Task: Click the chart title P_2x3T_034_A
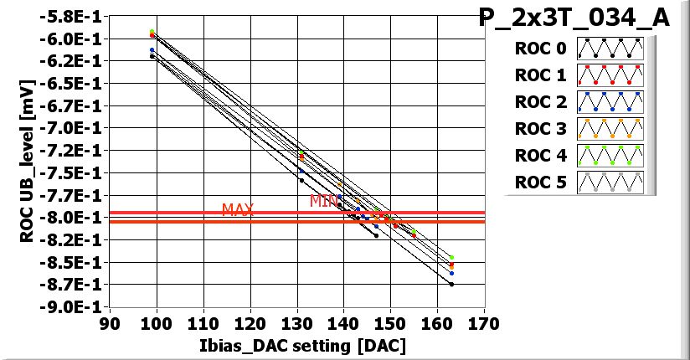coord(574,18)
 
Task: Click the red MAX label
coord(237,209)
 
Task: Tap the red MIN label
coord(323,201)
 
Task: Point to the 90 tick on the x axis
coord(110,323)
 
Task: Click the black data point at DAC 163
coord(452,285)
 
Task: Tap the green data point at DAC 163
coord(452,258)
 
